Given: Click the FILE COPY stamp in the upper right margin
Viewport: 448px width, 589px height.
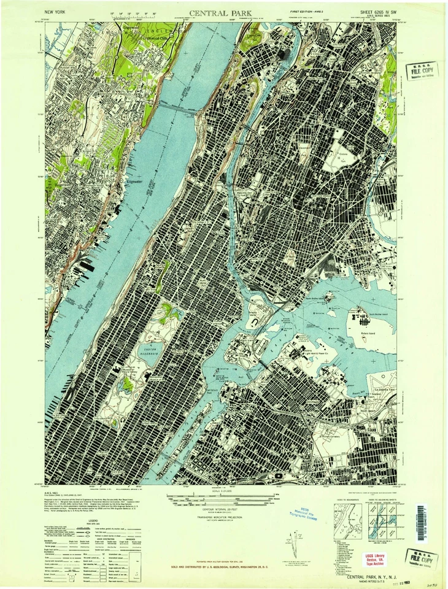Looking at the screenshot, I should (x=423, y=71).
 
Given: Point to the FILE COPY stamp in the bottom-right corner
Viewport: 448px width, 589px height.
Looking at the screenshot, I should (x=422, y=558).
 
